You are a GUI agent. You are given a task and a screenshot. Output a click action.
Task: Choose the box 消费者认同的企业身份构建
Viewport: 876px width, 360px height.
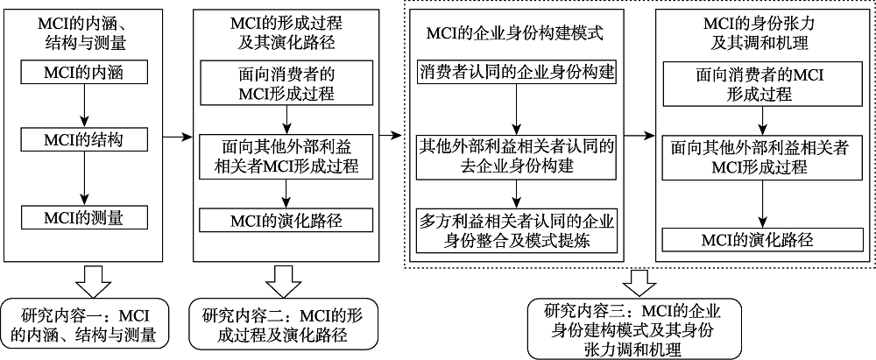tap(518, 69)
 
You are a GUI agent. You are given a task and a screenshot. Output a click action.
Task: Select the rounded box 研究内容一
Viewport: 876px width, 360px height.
tap(88, 323)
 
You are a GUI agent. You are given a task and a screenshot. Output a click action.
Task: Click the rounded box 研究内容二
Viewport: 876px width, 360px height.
tap(287, 323)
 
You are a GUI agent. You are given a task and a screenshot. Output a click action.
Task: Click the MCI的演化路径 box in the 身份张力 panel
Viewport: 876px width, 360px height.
tap(759, 238)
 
